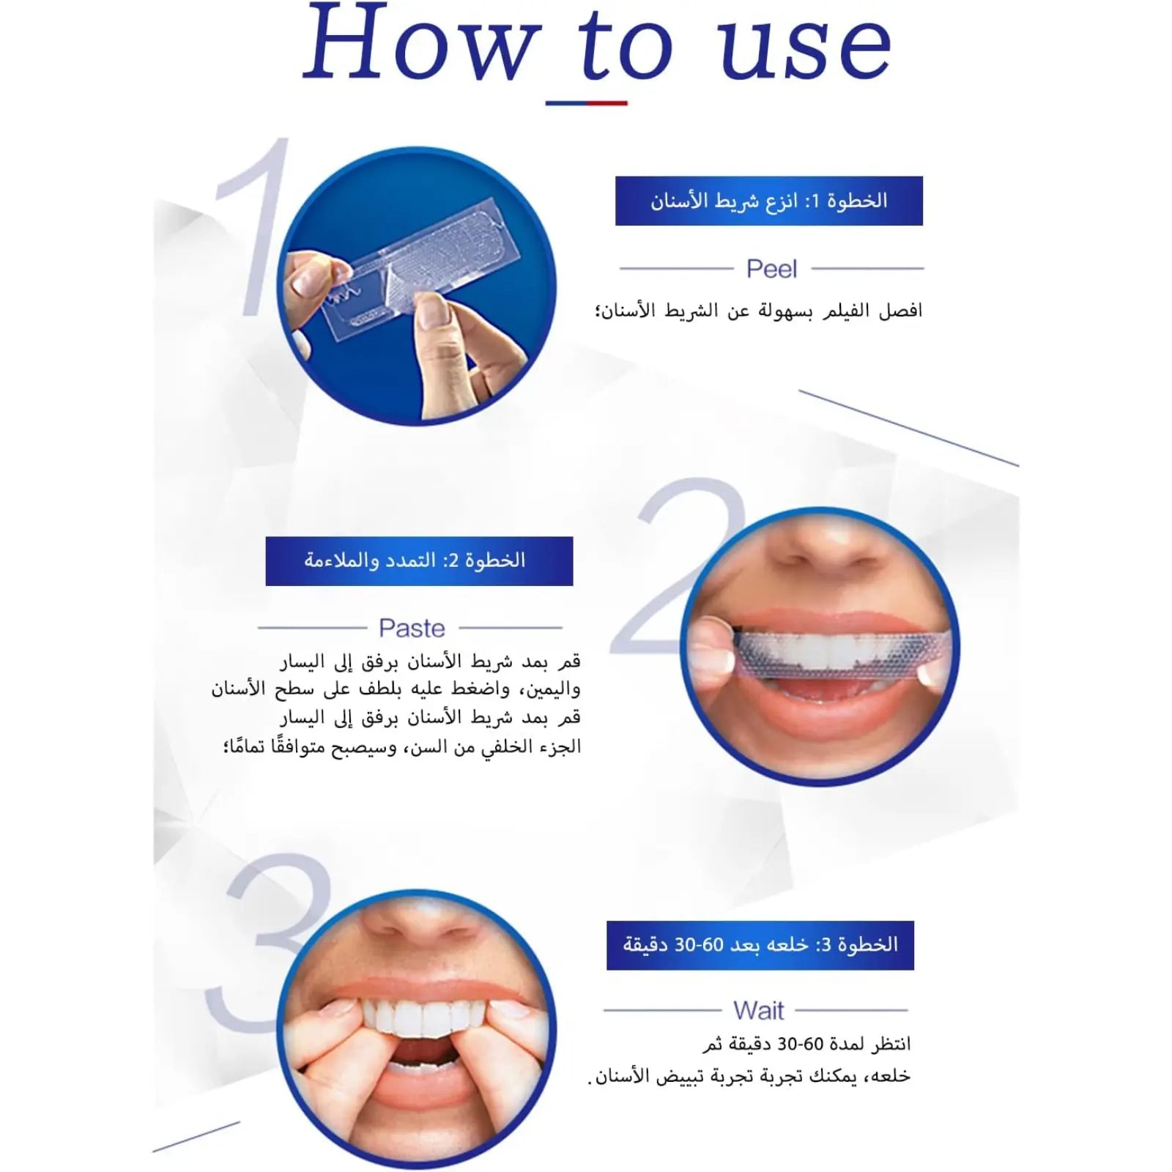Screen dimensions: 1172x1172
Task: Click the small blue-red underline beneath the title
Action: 586,103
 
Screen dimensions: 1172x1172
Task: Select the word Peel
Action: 771,269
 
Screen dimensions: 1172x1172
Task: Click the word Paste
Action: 412,628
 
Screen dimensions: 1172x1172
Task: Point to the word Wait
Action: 758,1011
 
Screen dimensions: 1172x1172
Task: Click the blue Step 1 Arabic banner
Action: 768,201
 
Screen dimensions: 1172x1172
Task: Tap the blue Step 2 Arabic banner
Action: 419,561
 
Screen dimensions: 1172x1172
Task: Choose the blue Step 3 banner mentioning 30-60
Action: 760,945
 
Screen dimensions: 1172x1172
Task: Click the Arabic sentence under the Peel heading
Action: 758,311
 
